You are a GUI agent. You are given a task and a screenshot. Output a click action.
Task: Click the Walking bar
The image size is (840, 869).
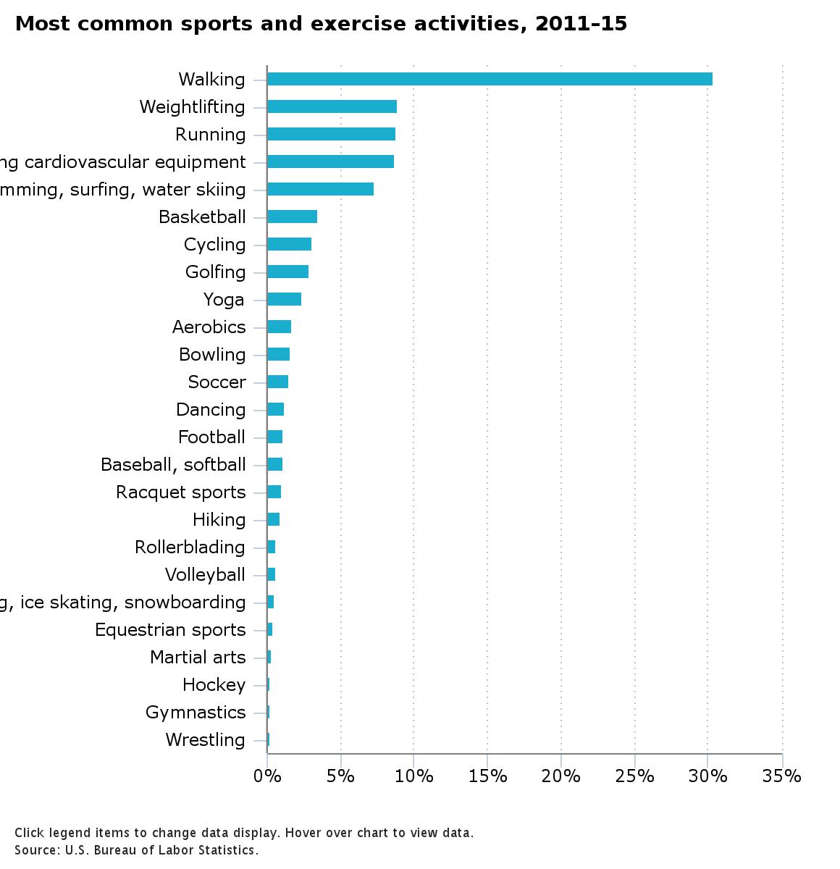(490, 79)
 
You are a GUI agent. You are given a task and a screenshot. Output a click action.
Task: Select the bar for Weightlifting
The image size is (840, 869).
(332, 106)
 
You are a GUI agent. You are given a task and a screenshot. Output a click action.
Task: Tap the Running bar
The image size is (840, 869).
(331, 134)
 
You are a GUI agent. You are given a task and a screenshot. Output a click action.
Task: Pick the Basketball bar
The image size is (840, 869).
(292, 217)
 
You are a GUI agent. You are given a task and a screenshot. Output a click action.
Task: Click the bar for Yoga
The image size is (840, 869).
(284, 299)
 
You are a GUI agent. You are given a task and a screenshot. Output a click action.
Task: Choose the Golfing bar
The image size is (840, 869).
(287, 272)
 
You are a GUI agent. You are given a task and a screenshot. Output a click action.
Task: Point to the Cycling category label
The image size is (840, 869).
(214, 244)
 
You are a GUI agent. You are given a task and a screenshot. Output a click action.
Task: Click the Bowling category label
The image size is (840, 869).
(212, 354)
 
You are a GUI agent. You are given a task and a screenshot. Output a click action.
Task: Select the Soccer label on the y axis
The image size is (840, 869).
(217, 382)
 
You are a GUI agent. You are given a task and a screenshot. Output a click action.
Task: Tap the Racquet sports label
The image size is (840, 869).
(180, 492)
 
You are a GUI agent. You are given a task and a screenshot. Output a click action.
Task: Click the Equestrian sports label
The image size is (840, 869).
(170, 629)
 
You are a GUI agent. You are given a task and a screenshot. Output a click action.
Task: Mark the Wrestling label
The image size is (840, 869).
(205, 739)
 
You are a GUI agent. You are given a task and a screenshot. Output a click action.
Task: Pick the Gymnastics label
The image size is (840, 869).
(196, 712)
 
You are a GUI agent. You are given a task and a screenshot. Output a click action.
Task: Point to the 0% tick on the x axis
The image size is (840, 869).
(267, 776)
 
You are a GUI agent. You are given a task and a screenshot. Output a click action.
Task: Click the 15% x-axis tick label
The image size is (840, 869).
(487, 776)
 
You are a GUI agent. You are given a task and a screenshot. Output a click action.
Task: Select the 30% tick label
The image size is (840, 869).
(708, 776)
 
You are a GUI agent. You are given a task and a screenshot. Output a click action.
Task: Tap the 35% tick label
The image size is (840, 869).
(782, 776)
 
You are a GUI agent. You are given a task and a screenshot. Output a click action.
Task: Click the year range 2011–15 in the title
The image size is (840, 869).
(581, 24)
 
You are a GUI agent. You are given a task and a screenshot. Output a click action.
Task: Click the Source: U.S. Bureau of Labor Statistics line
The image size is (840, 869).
(136, 850)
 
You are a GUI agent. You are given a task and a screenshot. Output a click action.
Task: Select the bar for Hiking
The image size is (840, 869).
(273, 519)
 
